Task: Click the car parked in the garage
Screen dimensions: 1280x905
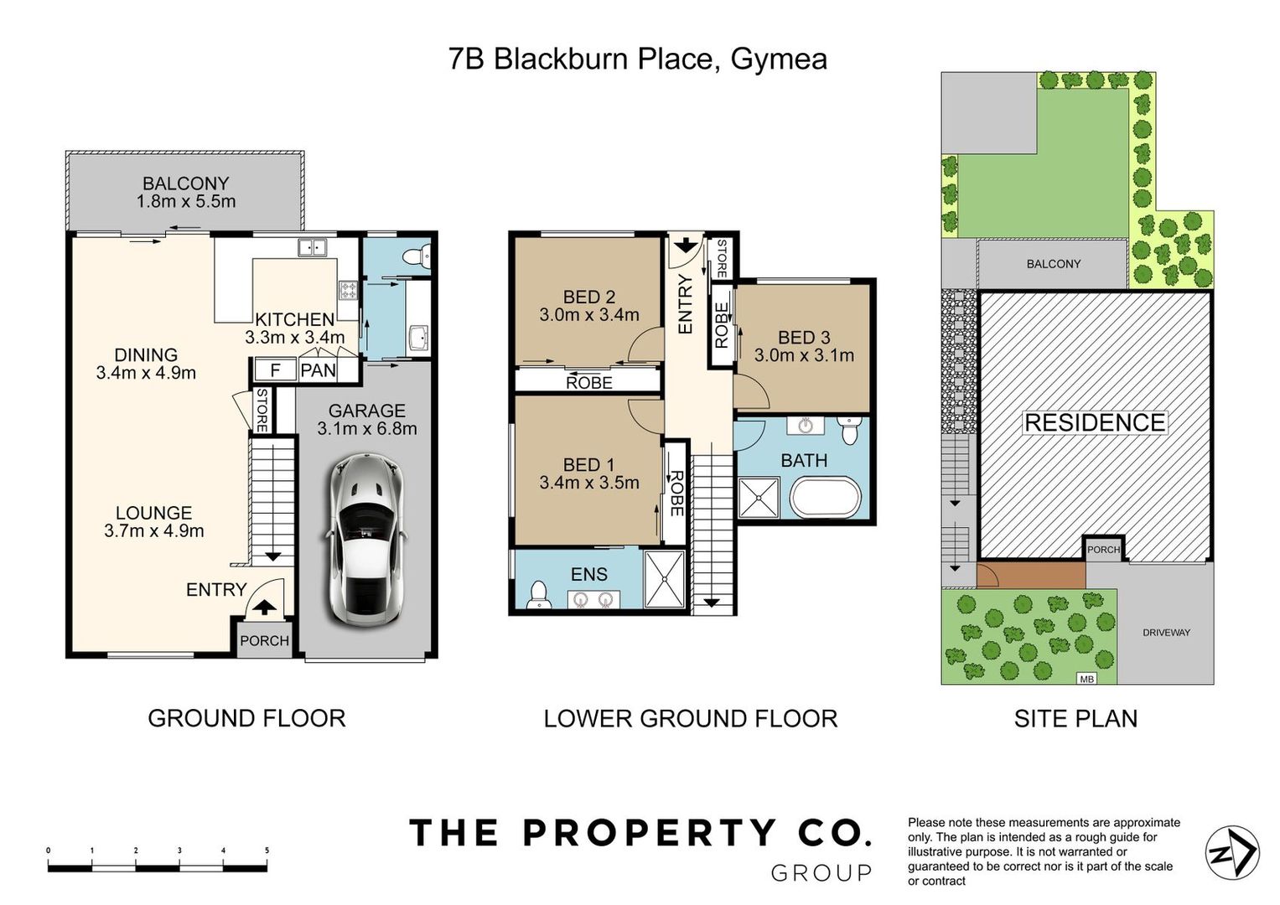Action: point(366,540)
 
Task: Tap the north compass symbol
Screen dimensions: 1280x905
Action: point(1232,854)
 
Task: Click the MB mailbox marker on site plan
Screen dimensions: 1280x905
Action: point(1087,679)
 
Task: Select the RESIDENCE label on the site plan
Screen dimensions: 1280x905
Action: point(1095,423)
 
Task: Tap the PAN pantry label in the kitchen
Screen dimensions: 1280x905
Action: point(318,370)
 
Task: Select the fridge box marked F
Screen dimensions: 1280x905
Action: point(275,370)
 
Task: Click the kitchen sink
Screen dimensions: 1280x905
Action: point(312,247)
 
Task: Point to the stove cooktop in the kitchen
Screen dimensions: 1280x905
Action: point(349,290)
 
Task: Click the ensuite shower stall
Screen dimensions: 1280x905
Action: point(664,579)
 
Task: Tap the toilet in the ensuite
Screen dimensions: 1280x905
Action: point(538,595)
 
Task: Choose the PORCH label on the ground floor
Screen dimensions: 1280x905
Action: point(264,640)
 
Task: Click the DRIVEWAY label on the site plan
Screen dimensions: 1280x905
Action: point(1166,633)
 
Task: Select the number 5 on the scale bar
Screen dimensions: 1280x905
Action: point(267,851)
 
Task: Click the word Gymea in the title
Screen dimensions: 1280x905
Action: point(778,60)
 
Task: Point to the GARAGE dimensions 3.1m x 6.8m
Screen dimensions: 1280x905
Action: point(367,428)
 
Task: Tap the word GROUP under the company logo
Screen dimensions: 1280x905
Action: point(821,873)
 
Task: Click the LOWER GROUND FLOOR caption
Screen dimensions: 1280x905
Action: point(690,719)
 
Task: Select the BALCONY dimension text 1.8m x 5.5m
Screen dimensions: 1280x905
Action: point(186,201)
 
